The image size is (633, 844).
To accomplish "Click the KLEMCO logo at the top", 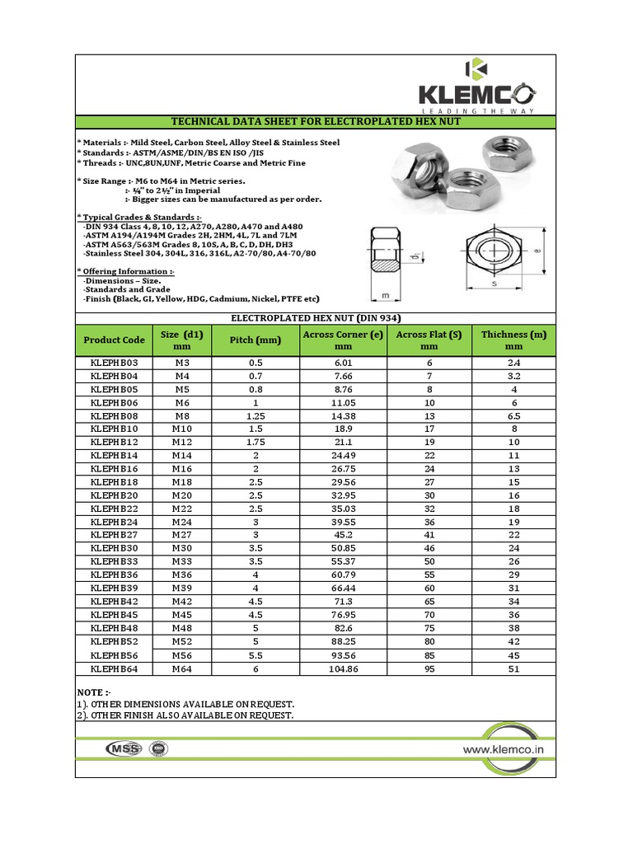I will [x=477, y=86].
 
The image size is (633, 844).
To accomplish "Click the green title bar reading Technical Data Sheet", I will [x=316, y=122].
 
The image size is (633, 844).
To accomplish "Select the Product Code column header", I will [x=114, y=340].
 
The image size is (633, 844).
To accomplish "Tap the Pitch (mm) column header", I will [x=253, y=340].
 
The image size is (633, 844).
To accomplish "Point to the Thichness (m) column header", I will [x=513, y=340].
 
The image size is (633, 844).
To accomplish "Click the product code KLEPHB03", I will [x=114, y=363].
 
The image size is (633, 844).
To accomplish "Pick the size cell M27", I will [x=181, y=535].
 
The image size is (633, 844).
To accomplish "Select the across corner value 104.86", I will [x=343, y=668].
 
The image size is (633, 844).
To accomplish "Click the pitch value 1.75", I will [x=253, y=443].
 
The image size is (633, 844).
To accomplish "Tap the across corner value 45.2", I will [x=343, y=535].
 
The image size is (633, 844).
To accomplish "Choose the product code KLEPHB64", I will [x=114, y=668].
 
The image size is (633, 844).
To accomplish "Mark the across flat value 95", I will [x=429, y=668].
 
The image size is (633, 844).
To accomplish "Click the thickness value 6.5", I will [x=513, y=416].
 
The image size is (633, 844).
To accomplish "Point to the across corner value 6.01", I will [x=343, y=363].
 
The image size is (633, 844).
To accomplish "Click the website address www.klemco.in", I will [x=503, y=749].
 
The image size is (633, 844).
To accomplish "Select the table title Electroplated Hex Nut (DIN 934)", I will [x=316, y=317].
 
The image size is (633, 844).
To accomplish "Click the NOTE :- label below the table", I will [x=93, y=692].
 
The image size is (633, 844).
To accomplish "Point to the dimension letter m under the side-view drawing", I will [x=385, y=294].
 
